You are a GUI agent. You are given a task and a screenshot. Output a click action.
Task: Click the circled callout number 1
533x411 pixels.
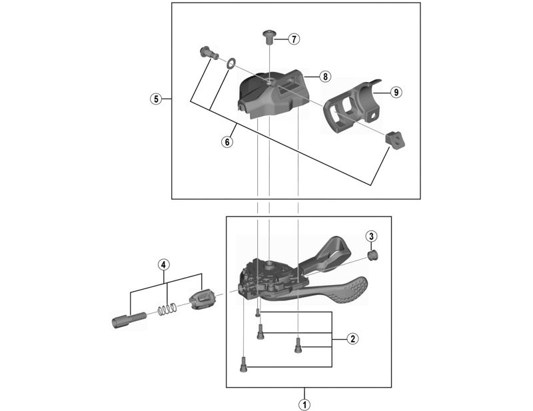coord(304,404)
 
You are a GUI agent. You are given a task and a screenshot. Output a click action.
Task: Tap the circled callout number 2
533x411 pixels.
coord(352,338)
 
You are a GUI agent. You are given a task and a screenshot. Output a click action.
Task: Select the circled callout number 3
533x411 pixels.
coord(371,236)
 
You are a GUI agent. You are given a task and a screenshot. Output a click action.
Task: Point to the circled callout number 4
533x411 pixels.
coord(163,264)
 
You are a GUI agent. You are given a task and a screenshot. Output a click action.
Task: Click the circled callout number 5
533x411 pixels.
coord(156,99)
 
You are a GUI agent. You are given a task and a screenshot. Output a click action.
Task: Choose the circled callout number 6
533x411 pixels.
coord(227,141)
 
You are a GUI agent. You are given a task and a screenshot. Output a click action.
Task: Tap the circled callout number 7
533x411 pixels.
coord(294,39)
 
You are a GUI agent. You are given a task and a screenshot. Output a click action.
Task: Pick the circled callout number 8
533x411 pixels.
coord(325,77)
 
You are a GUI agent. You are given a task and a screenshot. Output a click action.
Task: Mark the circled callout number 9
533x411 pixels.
coord(396,92)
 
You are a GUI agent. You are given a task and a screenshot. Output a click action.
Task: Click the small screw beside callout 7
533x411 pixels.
coord(269,37)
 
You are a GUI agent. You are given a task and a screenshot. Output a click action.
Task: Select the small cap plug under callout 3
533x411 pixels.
coord(374,255)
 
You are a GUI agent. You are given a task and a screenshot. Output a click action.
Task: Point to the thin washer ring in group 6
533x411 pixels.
coord(231,63)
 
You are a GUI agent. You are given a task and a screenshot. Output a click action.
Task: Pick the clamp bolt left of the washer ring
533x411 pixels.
coord(209,53)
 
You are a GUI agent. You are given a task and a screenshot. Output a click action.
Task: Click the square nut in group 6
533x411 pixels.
coord(394,139)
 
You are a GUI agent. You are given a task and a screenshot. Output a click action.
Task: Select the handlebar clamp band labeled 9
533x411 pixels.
coord(354,107)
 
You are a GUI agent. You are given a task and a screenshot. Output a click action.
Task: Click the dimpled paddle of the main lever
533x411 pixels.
coord(350,290)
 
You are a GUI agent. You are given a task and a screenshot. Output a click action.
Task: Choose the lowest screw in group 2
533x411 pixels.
coord(243,364)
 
